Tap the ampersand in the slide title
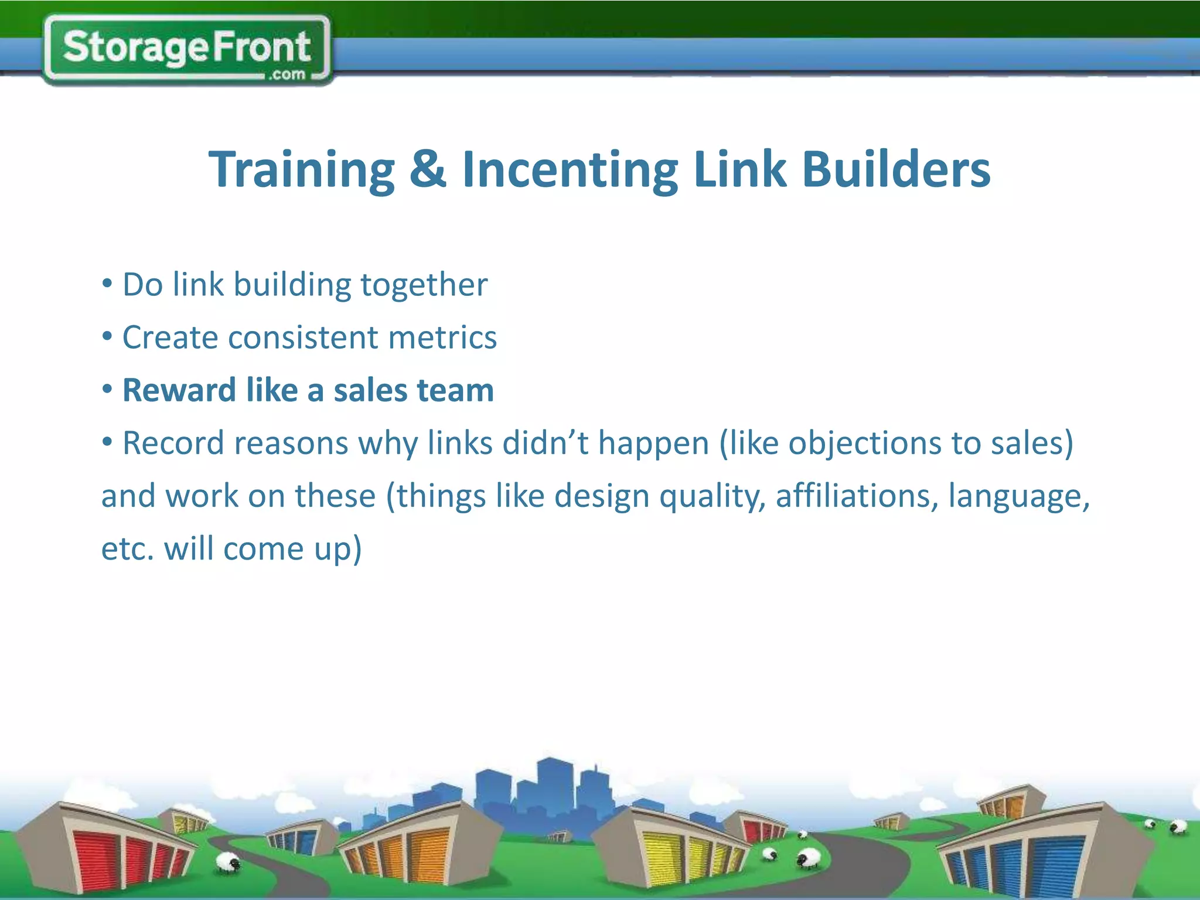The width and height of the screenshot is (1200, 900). coord(428,169)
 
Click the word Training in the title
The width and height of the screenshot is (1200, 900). coord(302,171)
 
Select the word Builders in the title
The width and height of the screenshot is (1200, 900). coord(896,169)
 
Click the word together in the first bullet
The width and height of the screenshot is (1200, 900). coord(424,285)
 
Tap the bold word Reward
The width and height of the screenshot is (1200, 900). coord(179,391)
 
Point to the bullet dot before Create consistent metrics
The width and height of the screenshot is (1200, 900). coord(107,337)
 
